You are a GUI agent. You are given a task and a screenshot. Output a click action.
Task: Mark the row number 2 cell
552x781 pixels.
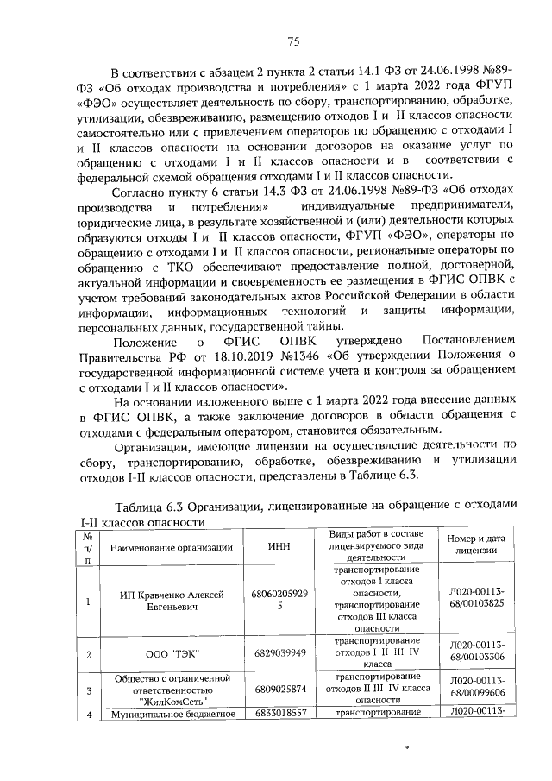88,654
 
